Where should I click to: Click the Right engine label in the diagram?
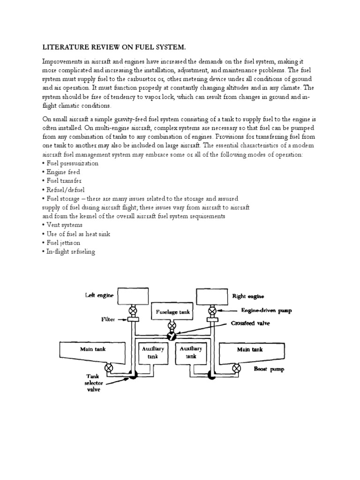[x=248, y=296]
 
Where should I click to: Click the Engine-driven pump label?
[x=266, y=310]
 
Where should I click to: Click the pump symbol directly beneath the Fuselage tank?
[x=172, y=325]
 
